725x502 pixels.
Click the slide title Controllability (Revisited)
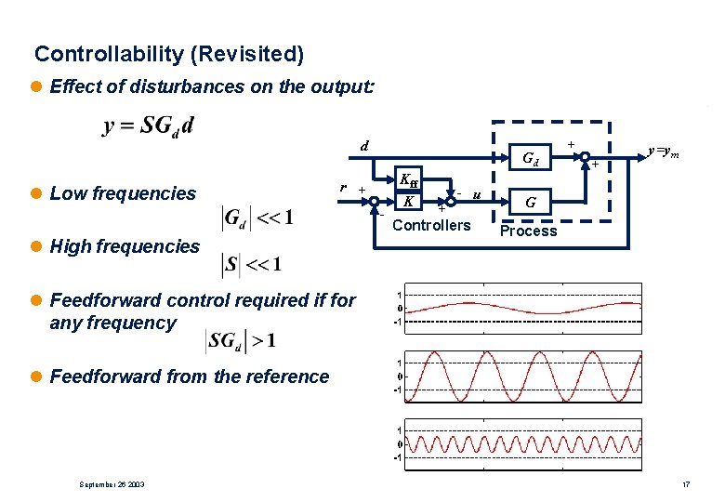point(168,55)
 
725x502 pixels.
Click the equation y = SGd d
point(149,125)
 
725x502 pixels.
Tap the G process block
point(530,201)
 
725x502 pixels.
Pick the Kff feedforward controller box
point(409,180)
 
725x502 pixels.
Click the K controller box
point(409,201)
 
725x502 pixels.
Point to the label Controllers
point(432,225)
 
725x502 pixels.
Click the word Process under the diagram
point(528,231)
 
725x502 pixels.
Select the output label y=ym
point(664,151)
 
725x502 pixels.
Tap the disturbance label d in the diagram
point(366,145)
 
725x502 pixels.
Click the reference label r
point(344,187)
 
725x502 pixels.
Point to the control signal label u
point(476,194)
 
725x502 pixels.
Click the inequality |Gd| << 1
point(257,218)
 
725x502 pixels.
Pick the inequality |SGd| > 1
point(240,341)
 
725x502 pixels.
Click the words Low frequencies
point(123,193)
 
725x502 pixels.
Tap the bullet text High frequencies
point(125,246)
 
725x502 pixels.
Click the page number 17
point(685,485)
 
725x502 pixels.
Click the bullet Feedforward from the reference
point(189,376)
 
